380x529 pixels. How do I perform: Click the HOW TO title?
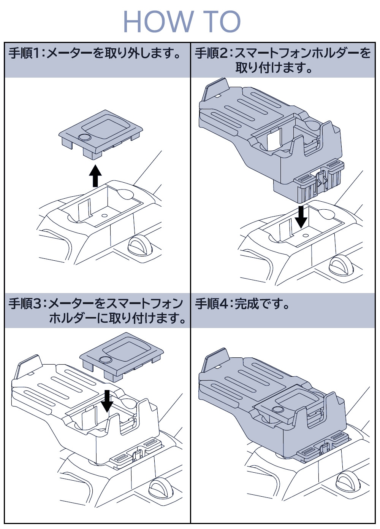coord(182,21)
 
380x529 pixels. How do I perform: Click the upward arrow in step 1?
coord(95,175)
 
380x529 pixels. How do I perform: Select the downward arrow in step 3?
coord(108,401)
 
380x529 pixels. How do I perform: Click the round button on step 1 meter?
coord(84,137)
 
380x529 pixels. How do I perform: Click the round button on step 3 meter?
coord(105,360)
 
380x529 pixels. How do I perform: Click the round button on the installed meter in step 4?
coord(278,409)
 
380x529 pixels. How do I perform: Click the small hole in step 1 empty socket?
coord(104,215)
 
